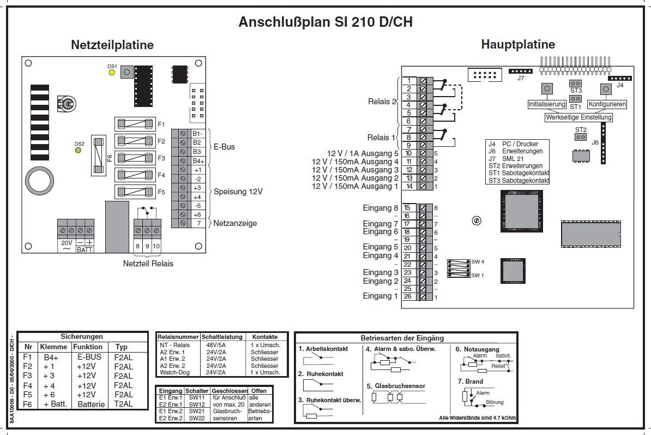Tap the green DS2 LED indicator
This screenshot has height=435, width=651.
point(79,150)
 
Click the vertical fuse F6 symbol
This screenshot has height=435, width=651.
point(99,156)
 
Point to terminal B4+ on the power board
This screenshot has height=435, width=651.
point(197,160)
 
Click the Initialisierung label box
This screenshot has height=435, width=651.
point(547,104)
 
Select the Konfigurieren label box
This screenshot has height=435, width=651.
point(607,104)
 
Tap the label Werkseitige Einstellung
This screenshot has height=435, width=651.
point(579,117)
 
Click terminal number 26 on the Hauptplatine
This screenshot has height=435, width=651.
point(407,296)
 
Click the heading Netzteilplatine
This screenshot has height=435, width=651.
point(112,45)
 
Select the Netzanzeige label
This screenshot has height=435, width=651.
point(234,223)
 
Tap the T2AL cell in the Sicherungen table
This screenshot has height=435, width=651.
point(123,404)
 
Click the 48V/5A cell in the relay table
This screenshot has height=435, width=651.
point(216,345)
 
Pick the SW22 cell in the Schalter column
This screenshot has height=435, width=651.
point(196,418)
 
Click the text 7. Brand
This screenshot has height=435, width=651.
point(469,382)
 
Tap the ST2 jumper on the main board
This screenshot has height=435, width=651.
point(581,137)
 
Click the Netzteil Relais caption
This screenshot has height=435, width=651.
point(148,264)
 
